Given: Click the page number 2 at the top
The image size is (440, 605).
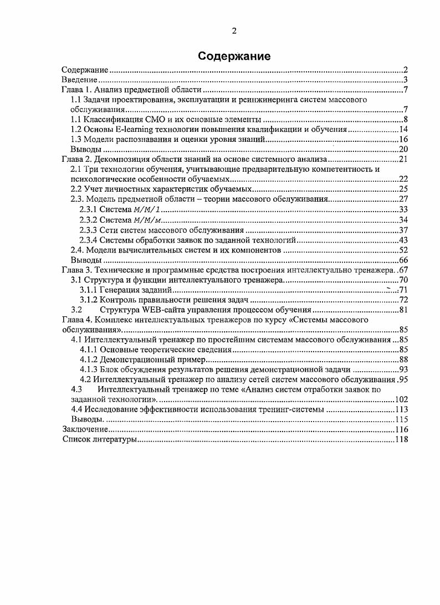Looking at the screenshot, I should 234,31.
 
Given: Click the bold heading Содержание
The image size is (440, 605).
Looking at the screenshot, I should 234,57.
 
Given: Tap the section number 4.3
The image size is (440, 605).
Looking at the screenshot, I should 76,389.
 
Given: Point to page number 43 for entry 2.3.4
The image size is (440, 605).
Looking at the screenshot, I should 403,240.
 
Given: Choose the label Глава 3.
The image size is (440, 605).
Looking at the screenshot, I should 78,270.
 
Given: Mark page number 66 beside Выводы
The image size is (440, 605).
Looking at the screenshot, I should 403,260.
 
